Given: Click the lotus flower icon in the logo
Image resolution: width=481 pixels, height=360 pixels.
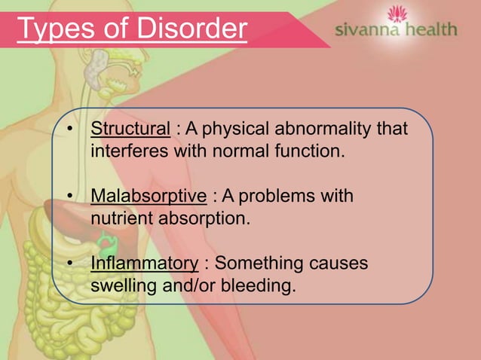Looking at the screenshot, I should [x=394, y=14].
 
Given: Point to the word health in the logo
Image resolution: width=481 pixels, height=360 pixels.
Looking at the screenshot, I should [x=428, y=30].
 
